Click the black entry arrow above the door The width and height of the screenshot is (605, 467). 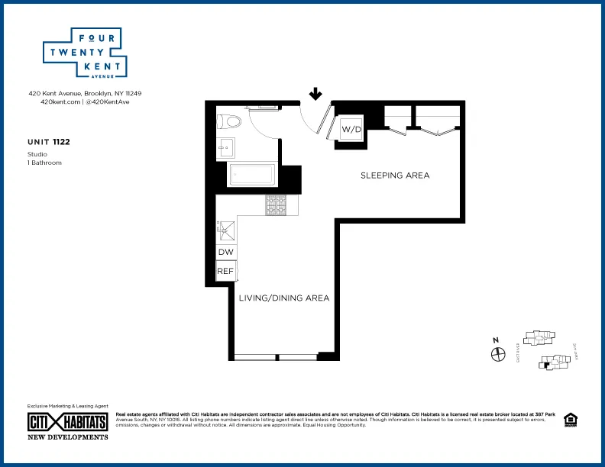pyautogui.click(x=314, y=95)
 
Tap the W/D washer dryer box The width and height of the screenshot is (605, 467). pyautogui.click(x=351, y=129)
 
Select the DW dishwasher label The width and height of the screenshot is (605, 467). pyautogui.click(x=225, y=253)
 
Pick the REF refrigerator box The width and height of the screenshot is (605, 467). pyautogui.click(x=225, y=271)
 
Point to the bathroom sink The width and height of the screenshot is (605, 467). pyautogui.click(x=225, y=148)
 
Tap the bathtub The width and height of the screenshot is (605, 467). pyautogui.click(x=251, y=175)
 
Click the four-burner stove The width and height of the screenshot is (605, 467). pyautogui.click(x=275, y=205)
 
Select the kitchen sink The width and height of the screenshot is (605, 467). pyautogui.click(x=226, y=227)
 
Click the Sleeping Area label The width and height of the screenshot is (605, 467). pyautogui.click(x=395, y=176)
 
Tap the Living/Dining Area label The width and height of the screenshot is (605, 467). pyautogui.click(x=284, y=298)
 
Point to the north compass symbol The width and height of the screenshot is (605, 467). pyautogui.click(x=498, y=354)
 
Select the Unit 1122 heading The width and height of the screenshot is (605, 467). pyautogui.click(x=49, y=141)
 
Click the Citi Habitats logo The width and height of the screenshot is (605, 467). pyautogui.click(x=67, y=421)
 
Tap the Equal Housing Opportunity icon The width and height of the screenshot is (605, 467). pyautogui.click(x=570, y=420)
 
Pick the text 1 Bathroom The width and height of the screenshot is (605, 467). pyautogui.click(x=44, y=163)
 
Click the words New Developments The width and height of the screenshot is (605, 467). pyautogui.click(x=67, y=437)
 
